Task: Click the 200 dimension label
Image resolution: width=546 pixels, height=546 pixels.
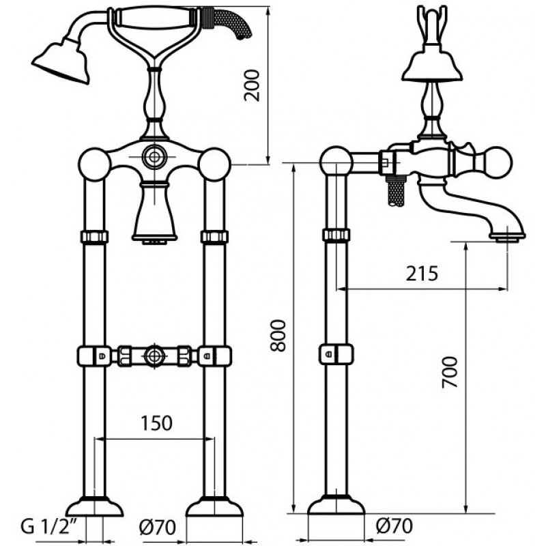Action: click(252, 86)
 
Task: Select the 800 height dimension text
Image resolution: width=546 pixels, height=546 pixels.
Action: click(278, 336)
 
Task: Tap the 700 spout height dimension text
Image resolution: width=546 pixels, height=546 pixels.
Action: click(449, 372)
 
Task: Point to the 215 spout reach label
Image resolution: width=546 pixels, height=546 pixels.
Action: click(422, 274)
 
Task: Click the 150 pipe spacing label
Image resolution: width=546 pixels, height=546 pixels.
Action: click(156, 423)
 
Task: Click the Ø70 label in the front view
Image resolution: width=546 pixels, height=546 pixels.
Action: click(158, 527)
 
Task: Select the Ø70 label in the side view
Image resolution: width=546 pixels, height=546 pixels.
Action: click(394, 526)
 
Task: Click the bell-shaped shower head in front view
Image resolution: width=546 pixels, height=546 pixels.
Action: click(62, 63)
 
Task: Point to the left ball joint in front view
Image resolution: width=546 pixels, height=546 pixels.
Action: click(95, 164)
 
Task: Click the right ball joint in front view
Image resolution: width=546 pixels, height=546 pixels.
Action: click(214, 164)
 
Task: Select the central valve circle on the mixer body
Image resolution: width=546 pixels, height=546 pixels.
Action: click(154, 156)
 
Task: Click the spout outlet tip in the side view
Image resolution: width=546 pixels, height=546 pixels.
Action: click(506, 238)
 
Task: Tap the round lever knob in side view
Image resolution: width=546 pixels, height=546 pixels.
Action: click(495, 164)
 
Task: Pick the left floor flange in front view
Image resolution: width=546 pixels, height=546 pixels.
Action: click(94, 506)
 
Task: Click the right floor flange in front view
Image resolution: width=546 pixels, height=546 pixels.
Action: click(214, 506)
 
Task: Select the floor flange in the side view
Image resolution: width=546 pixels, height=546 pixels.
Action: click(336, 504)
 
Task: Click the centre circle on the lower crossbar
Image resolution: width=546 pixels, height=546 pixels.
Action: click(154, 356)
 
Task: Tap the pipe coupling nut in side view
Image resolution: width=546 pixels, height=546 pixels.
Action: click(336, 235)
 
